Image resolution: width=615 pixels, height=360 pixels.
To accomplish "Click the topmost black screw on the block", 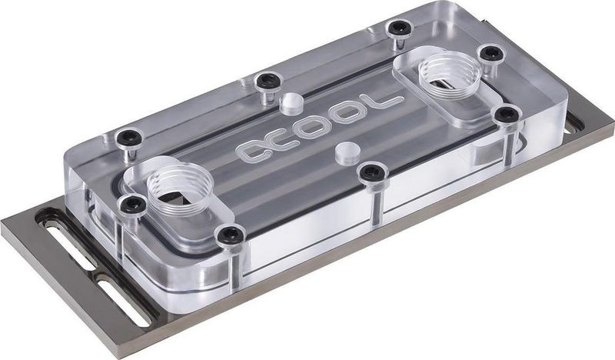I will click(397, 28).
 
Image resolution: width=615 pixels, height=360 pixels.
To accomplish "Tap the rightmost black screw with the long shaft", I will click(504, 115).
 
